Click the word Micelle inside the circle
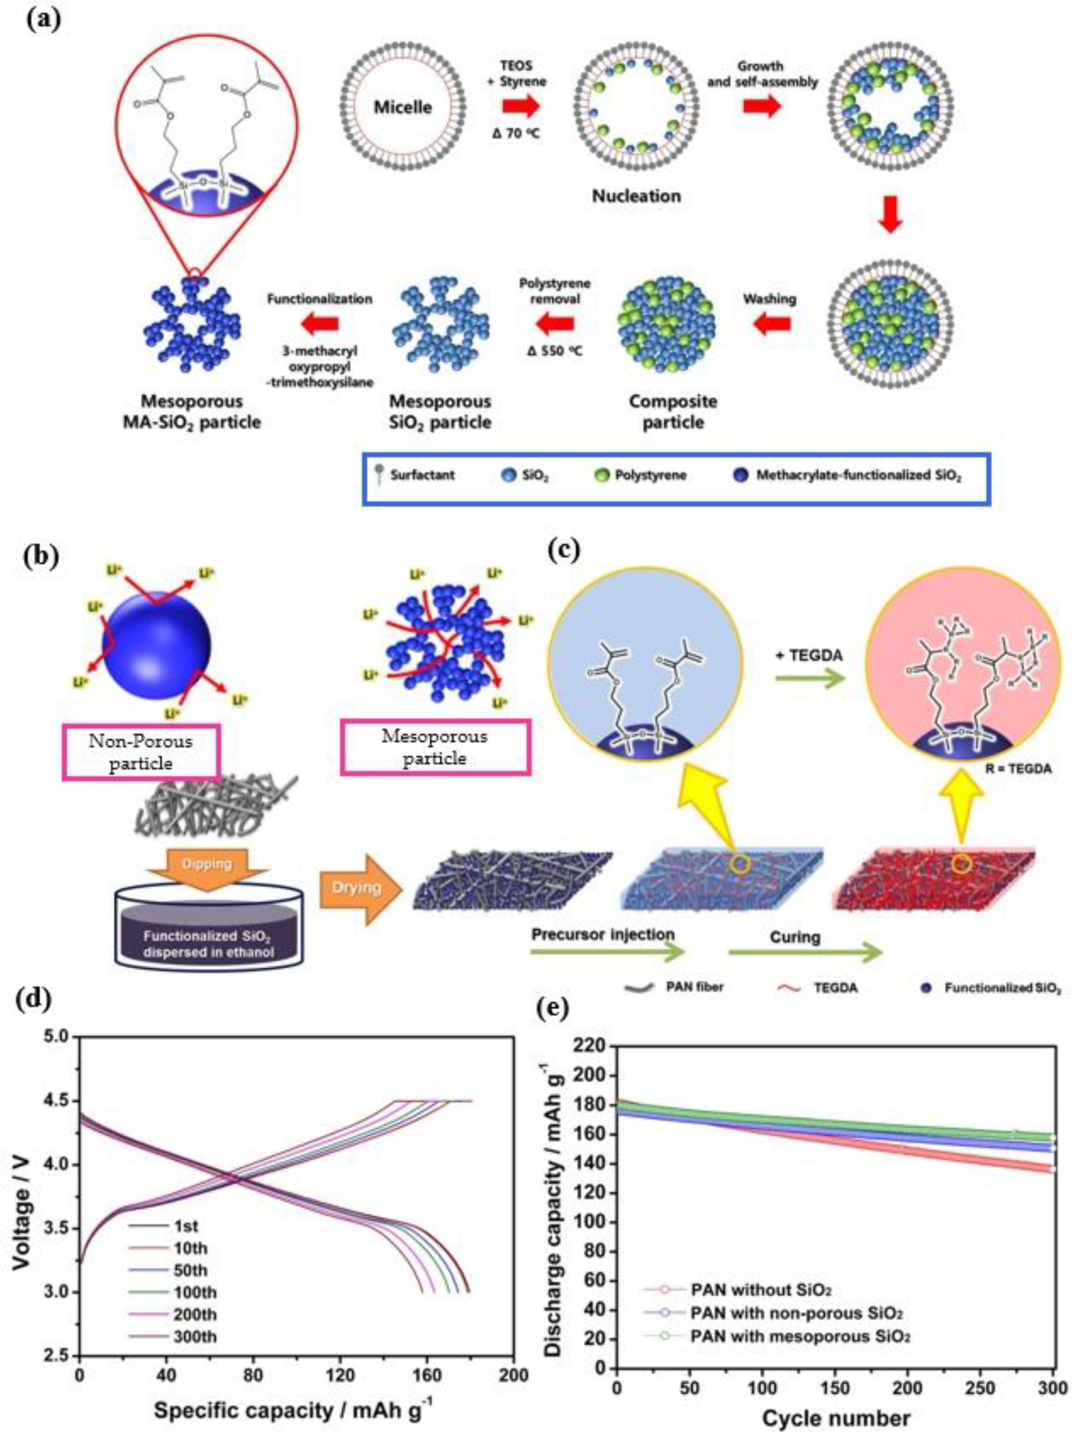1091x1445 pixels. [402, 107]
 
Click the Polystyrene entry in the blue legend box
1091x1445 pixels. [650, 475]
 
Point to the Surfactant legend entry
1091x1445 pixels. [421, 475]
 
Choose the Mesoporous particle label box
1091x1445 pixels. [434, 747]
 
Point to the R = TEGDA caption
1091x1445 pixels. [1017, 769]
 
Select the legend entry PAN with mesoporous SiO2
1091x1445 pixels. [799, 1336]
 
